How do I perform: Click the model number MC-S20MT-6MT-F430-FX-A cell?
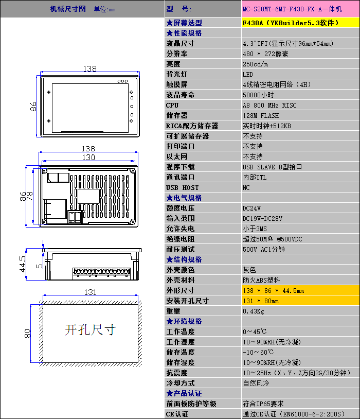coord(300,9)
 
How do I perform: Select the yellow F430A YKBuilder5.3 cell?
coord(300,23)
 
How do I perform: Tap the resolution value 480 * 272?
coord(265,54)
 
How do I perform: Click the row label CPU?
coord(172,106)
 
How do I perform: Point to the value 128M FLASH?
coord(261,116)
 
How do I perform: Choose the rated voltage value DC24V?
coord(251,208)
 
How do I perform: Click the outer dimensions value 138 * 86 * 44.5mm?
coord(273,290)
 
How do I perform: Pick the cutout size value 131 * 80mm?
coord(261,301)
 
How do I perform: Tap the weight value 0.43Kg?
coord(254,311)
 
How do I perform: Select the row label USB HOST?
coord(183,187)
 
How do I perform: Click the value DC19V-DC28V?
coord(262,219)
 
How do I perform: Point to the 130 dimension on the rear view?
coord(88,158)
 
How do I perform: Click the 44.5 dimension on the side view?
coord(23,264)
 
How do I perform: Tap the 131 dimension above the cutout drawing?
coord(90,292)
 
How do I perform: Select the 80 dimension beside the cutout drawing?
coord(27,334)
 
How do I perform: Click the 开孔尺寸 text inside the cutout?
coord(91,330)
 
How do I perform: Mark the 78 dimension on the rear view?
coord(30,197)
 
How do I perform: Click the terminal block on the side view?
coord(101,273)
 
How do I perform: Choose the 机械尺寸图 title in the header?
coord(68,9)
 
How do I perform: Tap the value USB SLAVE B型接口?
coord(272,167)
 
